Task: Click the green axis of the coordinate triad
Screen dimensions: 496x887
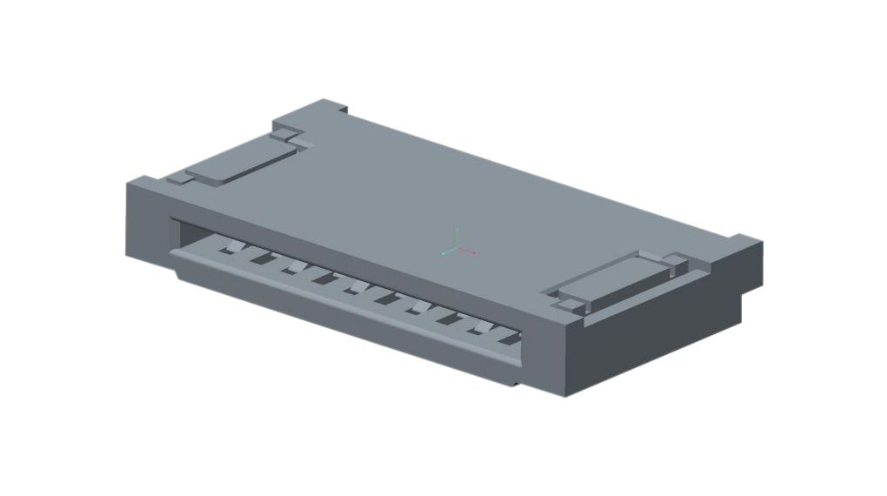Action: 457,238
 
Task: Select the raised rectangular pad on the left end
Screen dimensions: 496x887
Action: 240,162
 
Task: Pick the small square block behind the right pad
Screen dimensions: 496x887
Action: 676,261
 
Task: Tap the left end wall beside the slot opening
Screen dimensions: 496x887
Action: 146,222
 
